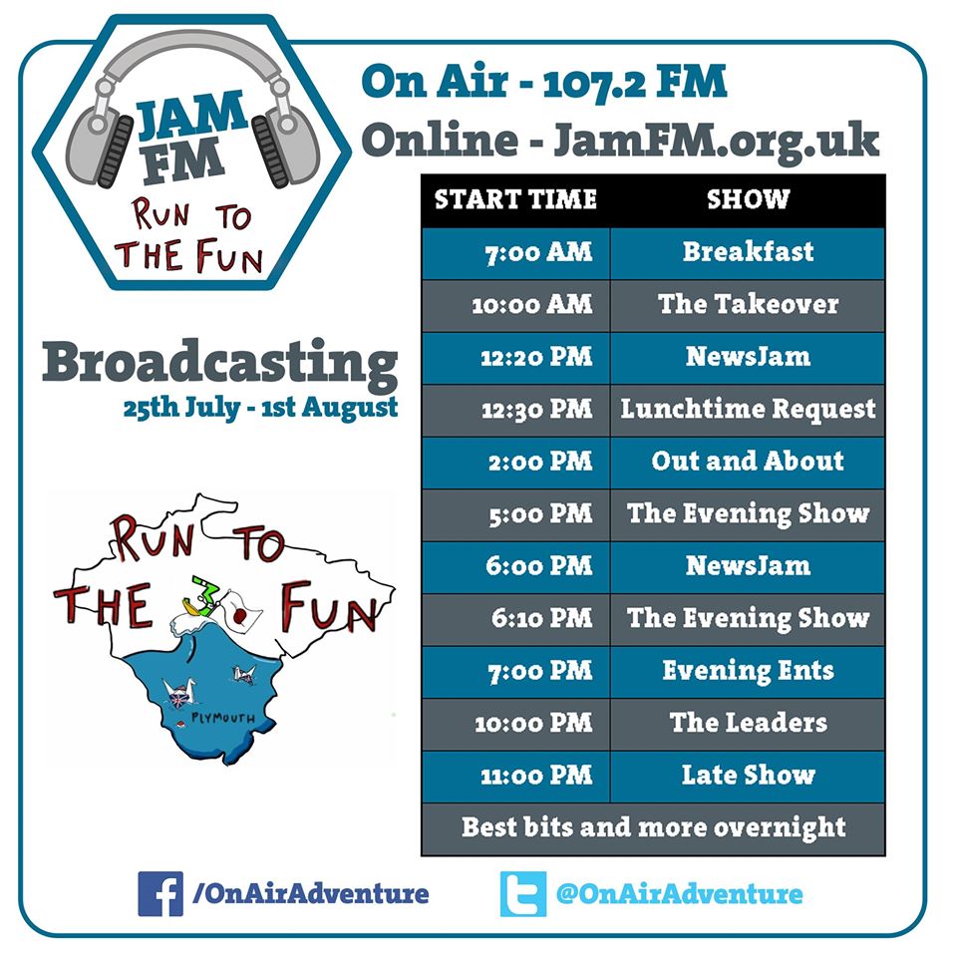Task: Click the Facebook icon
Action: [159, 893]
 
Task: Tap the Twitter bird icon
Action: [523, 893]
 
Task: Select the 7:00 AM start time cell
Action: [516, 254]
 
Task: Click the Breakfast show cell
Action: [748, 254]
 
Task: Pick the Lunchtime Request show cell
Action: [748, 411]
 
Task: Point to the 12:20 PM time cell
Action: [516, 358]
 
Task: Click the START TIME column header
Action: [516, 200]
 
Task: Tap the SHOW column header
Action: [748, 200]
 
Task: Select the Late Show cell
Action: [748, 777]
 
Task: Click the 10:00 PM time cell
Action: [516, 725]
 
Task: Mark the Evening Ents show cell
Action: [748, 672]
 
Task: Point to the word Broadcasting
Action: [219, 365]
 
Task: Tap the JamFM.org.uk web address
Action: [716, 142]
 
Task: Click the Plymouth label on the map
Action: [223, 717]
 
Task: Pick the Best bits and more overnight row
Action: [653, 829]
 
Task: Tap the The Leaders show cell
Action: [748, 725]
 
